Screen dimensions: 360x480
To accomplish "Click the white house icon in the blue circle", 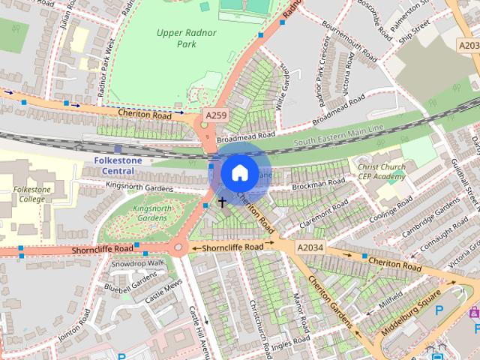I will pyautogui.click(x=239, y=172).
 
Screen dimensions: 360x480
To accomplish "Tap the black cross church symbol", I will pyautogui.click(x=222, y=202).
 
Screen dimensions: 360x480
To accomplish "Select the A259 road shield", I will pyautogui.click(x=216, y=115).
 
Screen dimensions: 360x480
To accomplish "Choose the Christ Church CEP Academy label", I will pyautogui.click(x=381, y=172).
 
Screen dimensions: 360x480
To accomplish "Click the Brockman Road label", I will pyautogui.click(x=319, y=184).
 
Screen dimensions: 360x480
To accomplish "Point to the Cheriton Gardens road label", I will pyautogui.click(x=330, y=299).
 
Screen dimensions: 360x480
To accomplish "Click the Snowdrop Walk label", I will pyautogui.click(x=137, y=263).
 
